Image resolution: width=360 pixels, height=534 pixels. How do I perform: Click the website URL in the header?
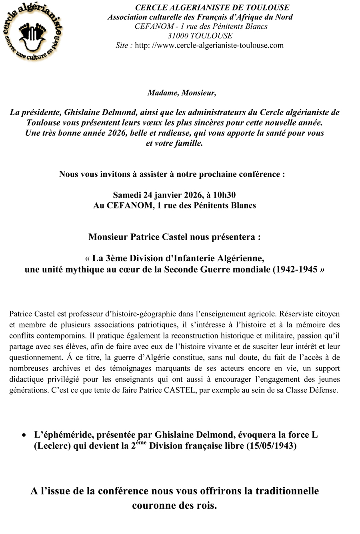pos(209,45)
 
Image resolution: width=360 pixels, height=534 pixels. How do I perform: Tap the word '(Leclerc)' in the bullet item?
pos(52,446)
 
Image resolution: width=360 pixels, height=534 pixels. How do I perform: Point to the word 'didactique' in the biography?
pos(26,379)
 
